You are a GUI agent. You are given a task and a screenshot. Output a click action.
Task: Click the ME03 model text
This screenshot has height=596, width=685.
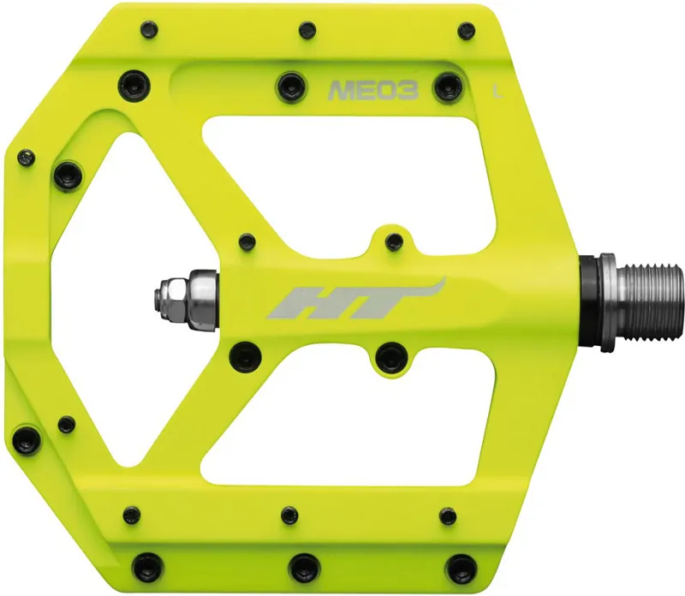372,89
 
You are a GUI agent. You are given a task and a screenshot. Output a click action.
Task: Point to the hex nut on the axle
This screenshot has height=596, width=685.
165,294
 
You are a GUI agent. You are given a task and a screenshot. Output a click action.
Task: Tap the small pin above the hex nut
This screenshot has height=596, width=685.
247,241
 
